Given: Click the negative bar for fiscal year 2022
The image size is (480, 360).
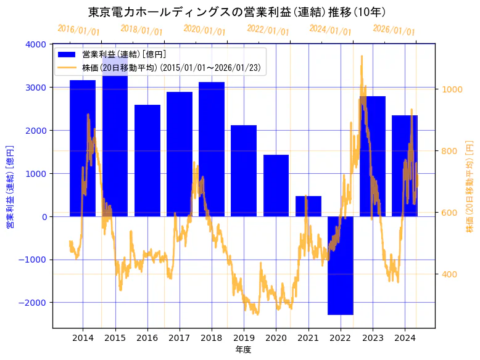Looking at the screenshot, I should (x=341, y=265).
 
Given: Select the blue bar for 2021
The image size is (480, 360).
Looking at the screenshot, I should (x=308, y=206).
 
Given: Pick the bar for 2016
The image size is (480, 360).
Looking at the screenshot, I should (x=147, y=160).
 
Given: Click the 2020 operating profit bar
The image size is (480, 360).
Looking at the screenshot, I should (x=276, y=185).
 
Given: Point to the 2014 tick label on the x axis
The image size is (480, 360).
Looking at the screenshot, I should (x=83, y=338).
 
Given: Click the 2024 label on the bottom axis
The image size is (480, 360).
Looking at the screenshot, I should (x=405, y=338).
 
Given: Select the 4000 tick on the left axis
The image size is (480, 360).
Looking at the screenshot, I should (x=36, y=44).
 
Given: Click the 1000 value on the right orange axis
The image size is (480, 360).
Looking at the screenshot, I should (x=452, y=89).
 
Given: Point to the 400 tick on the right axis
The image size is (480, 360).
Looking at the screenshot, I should (x=450, y=274).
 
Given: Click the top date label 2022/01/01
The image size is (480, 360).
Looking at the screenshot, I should (x=268, y=30).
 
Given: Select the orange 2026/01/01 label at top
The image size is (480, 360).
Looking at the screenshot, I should (x=394, y=30).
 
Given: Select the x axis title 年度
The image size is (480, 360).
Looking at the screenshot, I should (x=243, y=350).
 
